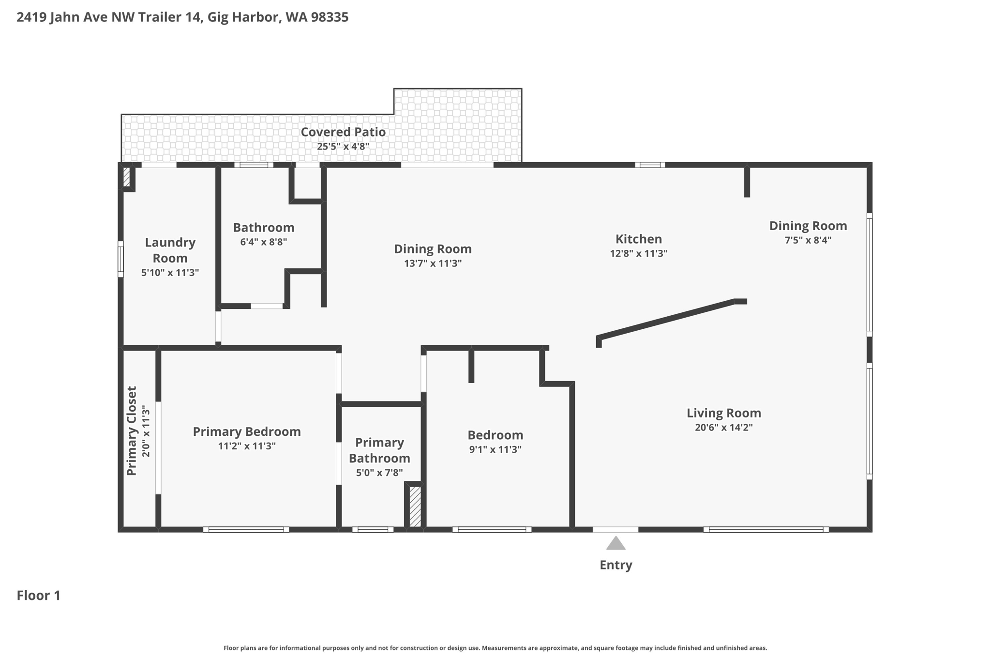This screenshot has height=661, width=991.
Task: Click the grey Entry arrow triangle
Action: tap(616, 543)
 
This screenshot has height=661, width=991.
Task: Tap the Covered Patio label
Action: tap(343, 132)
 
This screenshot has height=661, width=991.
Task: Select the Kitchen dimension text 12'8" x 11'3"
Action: tap(638, 253)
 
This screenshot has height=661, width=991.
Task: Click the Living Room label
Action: tap(723, 413)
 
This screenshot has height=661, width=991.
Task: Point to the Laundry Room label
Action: tap(170, 250)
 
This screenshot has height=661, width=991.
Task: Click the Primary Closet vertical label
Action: tap(132, 431)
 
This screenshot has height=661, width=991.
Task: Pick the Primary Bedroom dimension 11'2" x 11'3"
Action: tap(247, 446)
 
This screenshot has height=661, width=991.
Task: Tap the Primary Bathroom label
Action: tap(379, 450)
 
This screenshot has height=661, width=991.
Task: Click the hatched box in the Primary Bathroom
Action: tap(415, 507)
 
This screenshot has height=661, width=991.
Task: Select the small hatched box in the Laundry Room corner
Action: tap(127, 177)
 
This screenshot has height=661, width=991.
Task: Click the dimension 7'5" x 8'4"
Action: tap(808, 240)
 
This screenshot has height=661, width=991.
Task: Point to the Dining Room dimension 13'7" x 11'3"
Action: tap(433, 263)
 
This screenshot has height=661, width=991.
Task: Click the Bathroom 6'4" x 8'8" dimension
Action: tap(263, 242)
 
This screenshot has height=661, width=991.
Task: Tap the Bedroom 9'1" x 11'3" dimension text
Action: tap(495, 449)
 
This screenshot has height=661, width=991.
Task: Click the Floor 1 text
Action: tap(39, 596)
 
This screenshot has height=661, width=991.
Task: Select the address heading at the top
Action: tap(182, 17)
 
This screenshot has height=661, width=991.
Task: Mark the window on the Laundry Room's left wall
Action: tap(120, 259)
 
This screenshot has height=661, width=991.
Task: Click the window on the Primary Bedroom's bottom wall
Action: tap(246, 529)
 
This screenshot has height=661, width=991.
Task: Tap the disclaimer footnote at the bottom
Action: tap(495, 648)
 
